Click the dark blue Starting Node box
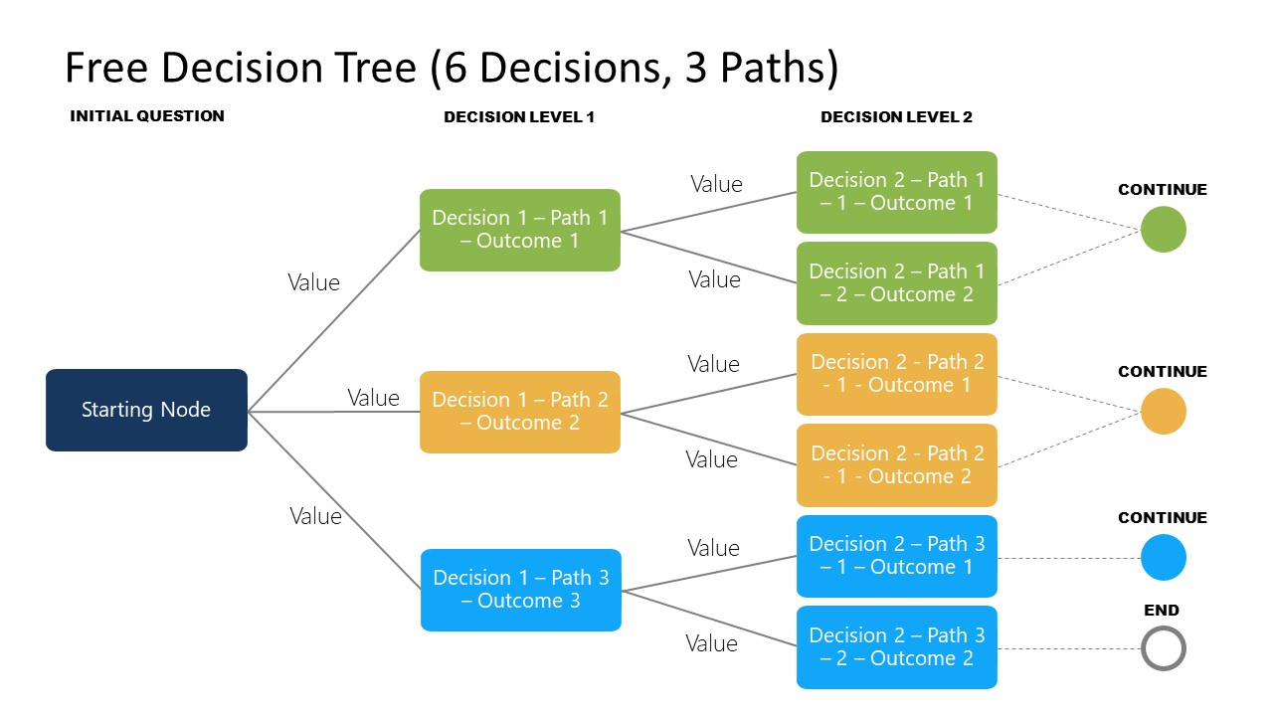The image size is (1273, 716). point(146,410)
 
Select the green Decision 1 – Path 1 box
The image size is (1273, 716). point(519,230)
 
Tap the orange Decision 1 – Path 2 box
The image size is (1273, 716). point(519,412)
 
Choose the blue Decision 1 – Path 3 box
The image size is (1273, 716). point(520,590)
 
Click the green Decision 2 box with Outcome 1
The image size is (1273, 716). point(896,192)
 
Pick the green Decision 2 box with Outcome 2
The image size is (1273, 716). point(896,283)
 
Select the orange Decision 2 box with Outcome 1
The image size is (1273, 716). point(896,374)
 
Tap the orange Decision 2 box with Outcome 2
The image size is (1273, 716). point(896,465)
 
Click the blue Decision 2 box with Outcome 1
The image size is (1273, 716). point(896,556)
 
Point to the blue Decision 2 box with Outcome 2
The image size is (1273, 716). point(896,647)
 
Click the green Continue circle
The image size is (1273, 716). point(1163,230)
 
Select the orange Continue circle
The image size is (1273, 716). point(1163,412)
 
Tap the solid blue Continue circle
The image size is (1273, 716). point(1163,558)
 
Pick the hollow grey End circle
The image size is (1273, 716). point(1163,650)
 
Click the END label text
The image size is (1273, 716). point(1162,611)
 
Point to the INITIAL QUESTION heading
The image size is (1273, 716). point(147,116)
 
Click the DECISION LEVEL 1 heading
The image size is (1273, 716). point(519,117)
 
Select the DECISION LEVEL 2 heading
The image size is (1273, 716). point(896,117)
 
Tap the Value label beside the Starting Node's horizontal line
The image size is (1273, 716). point(373,398)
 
